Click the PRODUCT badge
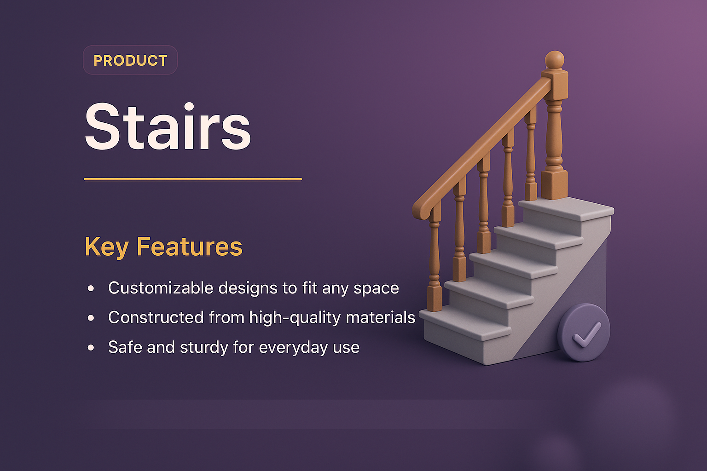click(x=130, y=60)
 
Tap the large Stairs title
click(x=168, y=127)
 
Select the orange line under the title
click(x=192, y=179)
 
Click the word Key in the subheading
click(x=106, y=247)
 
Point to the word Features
click(x=189, y=247)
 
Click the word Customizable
click(x=161, y=288)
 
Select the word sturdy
click(x=204, y=348)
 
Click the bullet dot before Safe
click(x=91, y=348)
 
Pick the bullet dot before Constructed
click(x=91, y=318)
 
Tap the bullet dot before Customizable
click(x=91, y=288)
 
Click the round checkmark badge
click(x=584, y=333)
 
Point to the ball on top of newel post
click(x=555, y=60)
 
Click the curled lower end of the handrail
click(x=421, y=211)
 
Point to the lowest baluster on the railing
click(x=434, y=262)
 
